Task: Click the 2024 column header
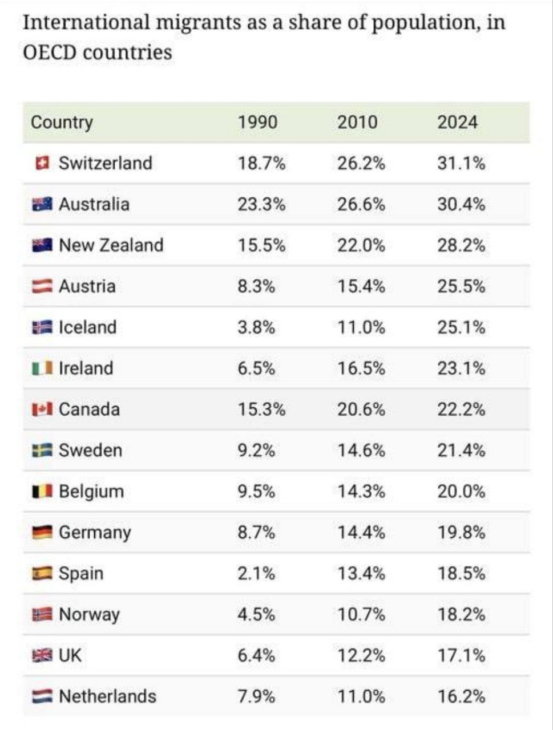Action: coord(457,122)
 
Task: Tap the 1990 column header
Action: coord(257,122)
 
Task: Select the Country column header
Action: coord(62,122)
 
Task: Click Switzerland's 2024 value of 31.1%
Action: coord(461,163)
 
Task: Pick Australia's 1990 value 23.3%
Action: coord(261,204)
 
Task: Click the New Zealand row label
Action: coord(111,245)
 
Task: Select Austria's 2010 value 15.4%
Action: coord(361,286)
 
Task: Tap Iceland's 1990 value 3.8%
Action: coord(256,327)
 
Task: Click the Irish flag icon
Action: coord(42,368)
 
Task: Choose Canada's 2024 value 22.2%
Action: coord(461,409)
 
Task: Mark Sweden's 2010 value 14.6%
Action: coord(361,451)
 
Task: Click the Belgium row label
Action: coord(91,492)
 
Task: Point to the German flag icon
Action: coord(42,533)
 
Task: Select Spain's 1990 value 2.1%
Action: coord(256,574)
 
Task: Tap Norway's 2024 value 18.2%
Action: coord(461,615)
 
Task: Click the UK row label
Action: coord(70,656)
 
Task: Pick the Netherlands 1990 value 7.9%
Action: coord(256,697)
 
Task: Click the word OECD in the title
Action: coord(50,52)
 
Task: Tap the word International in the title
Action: coord(86,23)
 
